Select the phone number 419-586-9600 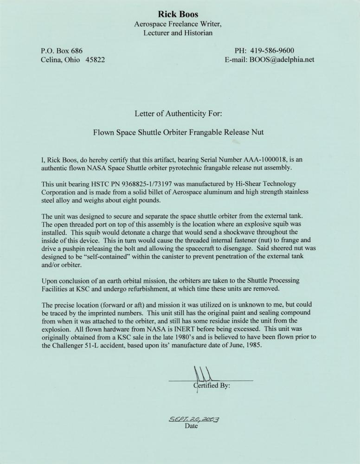[272, 51]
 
